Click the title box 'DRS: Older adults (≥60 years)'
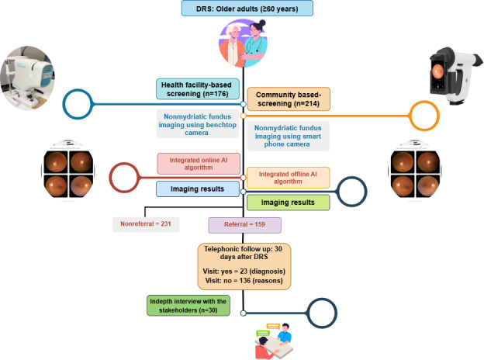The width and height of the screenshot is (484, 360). [x=247, y=9]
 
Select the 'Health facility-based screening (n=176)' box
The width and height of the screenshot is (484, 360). [x=198, y=89]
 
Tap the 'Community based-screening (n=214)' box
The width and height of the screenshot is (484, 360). [x=289, y=99]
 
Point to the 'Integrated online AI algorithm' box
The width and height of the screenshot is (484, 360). [x=199, y=164]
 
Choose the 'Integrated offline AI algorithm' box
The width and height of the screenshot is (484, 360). [x=288, y=178]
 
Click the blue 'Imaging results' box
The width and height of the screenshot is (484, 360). [x=198, y=189]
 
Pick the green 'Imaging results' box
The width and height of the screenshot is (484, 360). [x=288, y=202]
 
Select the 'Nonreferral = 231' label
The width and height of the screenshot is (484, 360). [x=146, y=224]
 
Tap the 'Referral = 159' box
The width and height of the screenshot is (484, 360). [x=244, y=225]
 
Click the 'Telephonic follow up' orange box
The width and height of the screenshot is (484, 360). [x=244, y=266]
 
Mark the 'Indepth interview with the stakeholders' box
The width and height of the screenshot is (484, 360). [x=188, y=306]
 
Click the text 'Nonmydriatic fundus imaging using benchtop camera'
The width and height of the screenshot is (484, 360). [x=198, y=125]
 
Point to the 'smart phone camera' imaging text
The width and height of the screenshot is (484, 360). [x=288, y=136]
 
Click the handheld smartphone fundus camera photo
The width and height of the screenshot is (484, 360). [x=455, y=75]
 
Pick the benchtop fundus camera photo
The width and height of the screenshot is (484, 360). [x=27, y=78]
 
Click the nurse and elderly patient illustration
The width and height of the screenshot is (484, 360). [x=244, y=43]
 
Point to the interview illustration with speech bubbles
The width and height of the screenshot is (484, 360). [x=274, y=341]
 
